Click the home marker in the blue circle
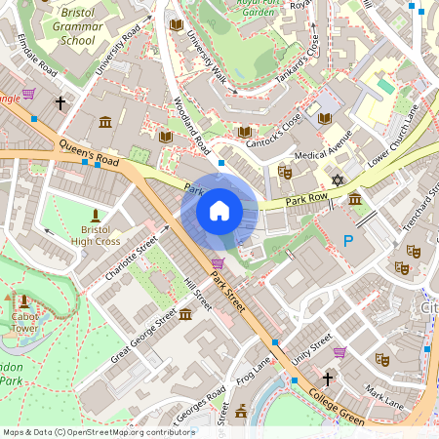coord(219,210)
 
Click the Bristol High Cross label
coord(95,235)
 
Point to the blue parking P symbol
coord(348,241)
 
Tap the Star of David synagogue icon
coord(338,180)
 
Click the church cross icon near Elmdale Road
coord(60,102)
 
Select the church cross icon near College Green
coord(328,379)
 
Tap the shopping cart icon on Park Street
coord(217,263)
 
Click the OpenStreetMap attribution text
coord(98,431)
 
